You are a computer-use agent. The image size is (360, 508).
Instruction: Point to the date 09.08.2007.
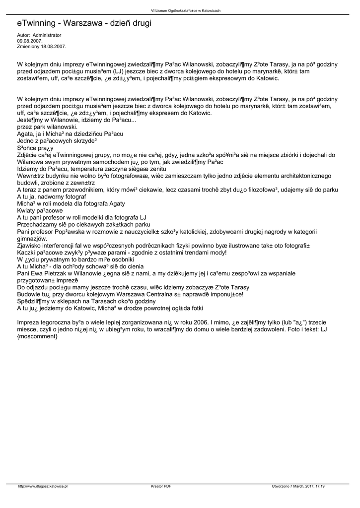(x=29, y=41)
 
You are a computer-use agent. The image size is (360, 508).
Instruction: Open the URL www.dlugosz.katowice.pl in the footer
(x=43, y=486)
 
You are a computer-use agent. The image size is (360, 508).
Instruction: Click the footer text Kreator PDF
(x=161, y=486)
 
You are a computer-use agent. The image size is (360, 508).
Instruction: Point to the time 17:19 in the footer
(x=319, y=486)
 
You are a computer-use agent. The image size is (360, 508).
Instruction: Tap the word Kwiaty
(x=27, y=210)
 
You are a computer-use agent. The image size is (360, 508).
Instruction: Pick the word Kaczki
(x=28, y=252)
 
